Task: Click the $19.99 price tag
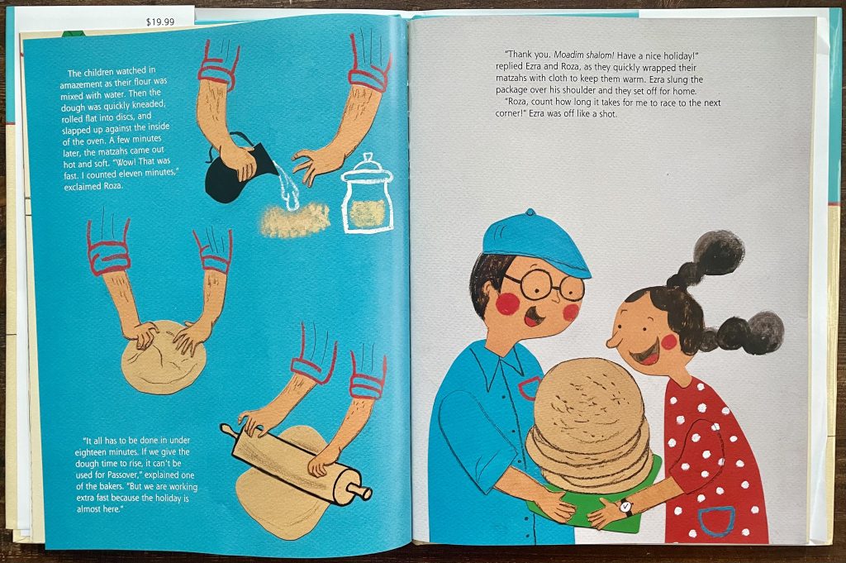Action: tap(160, 22)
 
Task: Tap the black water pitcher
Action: tap(231, 170)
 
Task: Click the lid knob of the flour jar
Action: tap(368, 158)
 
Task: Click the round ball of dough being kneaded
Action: tap(164, 357)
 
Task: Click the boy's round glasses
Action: tap(545, 285)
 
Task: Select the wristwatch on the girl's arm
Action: tap(625, 507)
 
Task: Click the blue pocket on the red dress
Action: tap(716, 521)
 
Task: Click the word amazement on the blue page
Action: tap(81, 84)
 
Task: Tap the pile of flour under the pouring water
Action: tap(295, 221)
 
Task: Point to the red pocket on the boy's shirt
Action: tap(530, 388)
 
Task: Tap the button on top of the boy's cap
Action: tap(530, 212)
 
